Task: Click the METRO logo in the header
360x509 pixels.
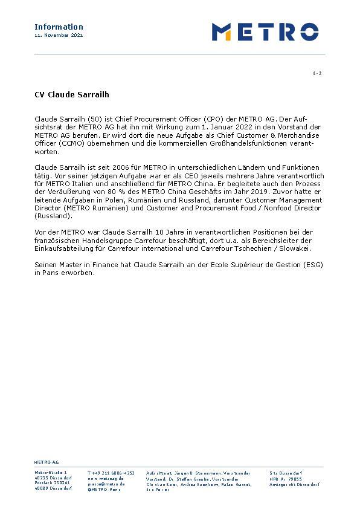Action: [x=265, y=31]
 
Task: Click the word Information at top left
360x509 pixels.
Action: [x=59, y=27]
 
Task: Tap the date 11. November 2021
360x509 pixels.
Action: [x=59, y=36]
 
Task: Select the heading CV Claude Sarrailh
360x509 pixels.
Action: [x=71, y=95]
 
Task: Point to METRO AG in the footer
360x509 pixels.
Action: [x=46, y=461]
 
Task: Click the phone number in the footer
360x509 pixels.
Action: [x=111, y=473]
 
